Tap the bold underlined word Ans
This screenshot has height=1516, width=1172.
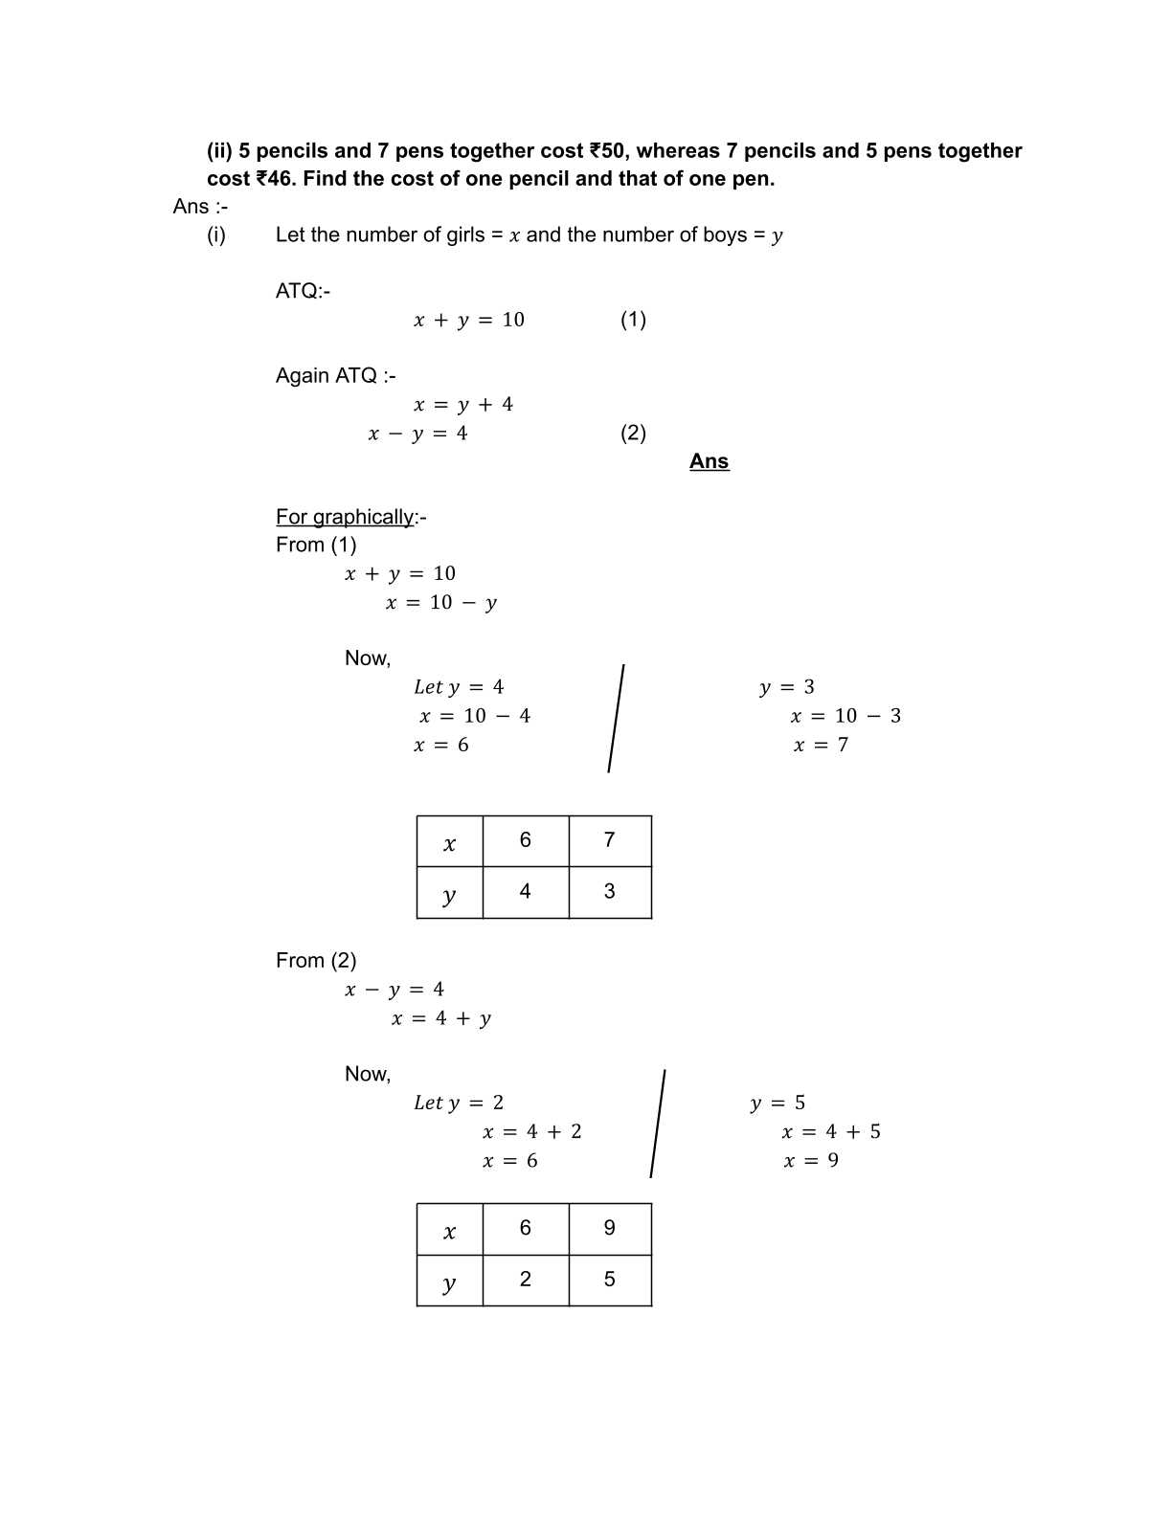coord(709,461)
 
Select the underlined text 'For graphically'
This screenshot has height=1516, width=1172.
coord(345,517)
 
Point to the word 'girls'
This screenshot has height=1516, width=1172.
coord(466,235)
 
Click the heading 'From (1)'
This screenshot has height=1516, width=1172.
coord(316,545)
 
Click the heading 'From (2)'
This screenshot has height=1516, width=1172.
coord(316,961)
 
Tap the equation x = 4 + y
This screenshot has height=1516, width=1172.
coord(441,1018)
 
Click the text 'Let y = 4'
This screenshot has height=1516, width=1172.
coord(459,687)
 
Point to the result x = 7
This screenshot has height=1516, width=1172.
coord(821,745)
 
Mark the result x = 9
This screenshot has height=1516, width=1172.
coord(811,1161)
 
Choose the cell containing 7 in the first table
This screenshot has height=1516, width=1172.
coord(610,840)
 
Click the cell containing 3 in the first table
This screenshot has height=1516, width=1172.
coord(610,892)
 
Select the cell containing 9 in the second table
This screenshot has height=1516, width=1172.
coord(610,1228)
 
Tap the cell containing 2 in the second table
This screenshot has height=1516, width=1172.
coord(526,1280)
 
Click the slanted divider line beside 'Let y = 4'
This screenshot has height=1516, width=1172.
coord(616,718)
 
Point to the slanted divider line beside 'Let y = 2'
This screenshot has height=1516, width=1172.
coord(658,1124)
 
